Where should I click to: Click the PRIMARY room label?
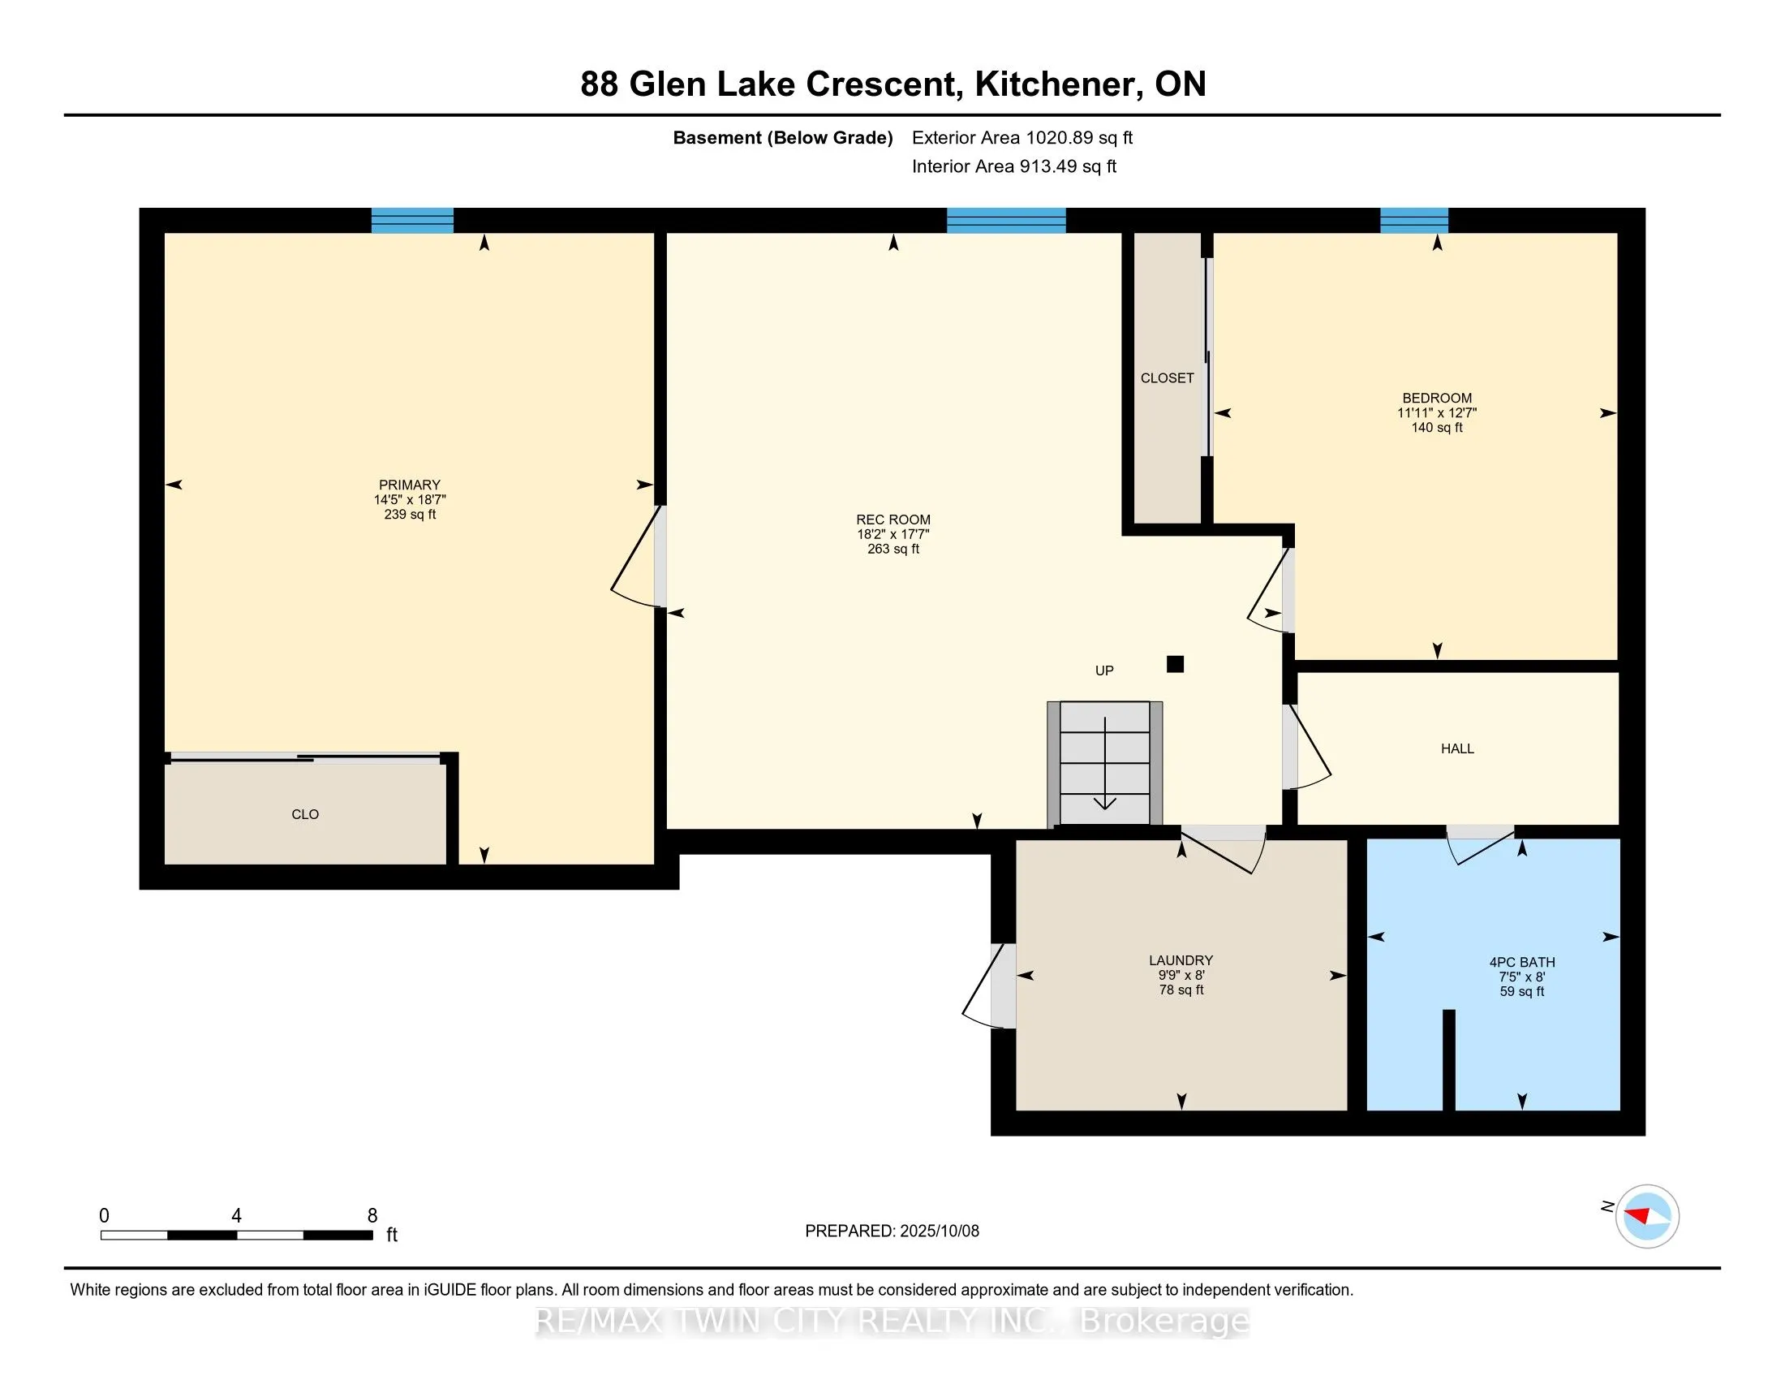[410, 485]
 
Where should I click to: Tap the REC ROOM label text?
[892, 520]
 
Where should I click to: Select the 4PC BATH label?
[1521, 962]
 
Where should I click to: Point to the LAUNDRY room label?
[1181, 960]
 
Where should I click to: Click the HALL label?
[1456, 748]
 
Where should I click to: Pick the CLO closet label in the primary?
[305, 814]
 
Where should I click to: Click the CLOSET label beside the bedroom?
[1166, 377]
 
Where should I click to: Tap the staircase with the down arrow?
[1104, 763]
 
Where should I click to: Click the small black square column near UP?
[1175, 664]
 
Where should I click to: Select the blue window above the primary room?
[412, 220]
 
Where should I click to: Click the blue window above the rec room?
[1005, 220]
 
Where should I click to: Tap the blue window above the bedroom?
[1413, 220]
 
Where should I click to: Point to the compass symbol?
[1646, 1216]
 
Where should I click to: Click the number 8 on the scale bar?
[372, 1216]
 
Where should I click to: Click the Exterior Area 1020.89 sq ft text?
[1022, 137]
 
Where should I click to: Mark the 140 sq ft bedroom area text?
[1436, 428]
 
